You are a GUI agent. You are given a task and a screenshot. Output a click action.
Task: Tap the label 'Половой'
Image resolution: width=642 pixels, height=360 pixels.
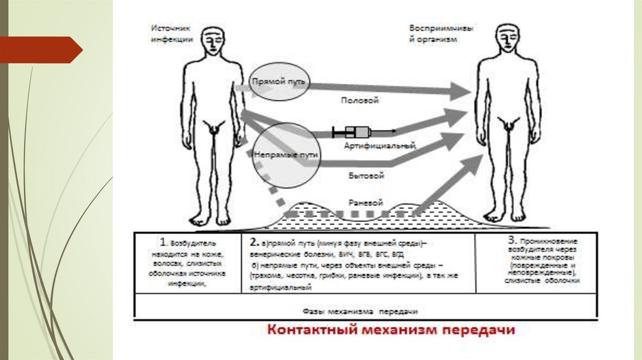359,100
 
